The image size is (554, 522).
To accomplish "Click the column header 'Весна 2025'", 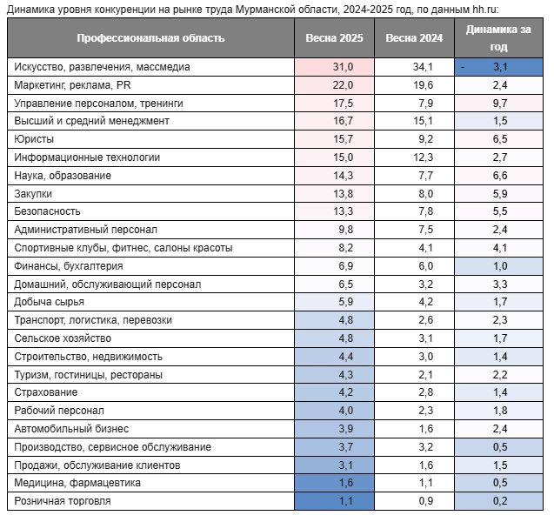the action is [334, 38].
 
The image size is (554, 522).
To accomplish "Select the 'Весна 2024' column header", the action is [414, 38].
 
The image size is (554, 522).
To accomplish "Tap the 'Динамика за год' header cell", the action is [498, 37].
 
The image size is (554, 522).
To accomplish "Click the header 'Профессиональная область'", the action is [150, 38].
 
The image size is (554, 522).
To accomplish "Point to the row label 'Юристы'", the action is [34, 139].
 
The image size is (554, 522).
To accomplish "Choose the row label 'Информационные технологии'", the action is [87, 157].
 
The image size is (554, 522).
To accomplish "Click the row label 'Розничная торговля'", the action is [63, 501].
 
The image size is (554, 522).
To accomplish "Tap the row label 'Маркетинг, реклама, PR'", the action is [72, 85].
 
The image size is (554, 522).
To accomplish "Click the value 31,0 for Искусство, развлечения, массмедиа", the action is [343, 67].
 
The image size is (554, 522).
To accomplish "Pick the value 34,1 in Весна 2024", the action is [423, 67].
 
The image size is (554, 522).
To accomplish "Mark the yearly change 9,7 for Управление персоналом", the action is [500, 104].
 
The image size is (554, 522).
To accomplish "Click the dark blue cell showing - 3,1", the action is [498, 67].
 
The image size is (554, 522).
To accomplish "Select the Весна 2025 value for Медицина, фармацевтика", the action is [345, 483].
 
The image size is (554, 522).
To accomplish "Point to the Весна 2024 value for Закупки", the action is [426, 194].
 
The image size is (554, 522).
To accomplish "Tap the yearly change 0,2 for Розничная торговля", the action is [500, 501].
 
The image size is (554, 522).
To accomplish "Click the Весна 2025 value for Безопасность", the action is [343, 211].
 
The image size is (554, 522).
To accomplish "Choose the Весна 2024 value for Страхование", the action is [426, 392].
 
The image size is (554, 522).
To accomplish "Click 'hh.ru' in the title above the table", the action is [485, 10].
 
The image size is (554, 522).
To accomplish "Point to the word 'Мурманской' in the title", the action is [268, 10].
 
